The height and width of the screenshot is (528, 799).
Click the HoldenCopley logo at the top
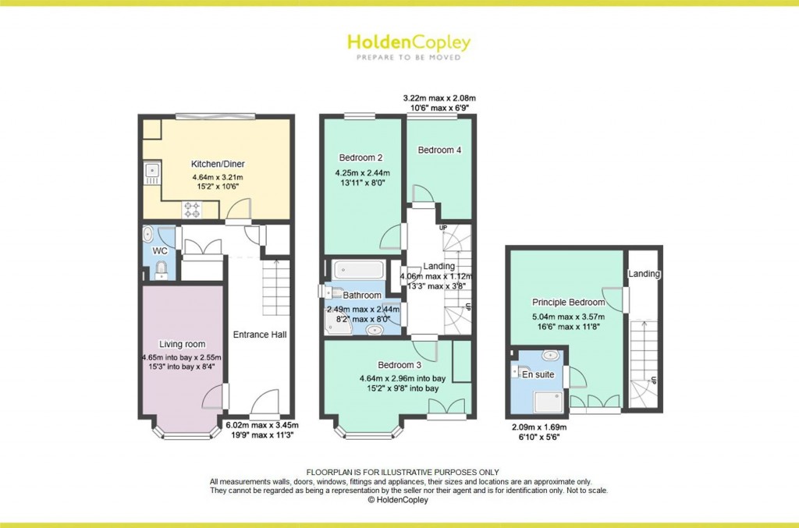pyautogui.click(x=409, y=47)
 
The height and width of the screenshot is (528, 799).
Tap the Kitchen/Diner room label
pyautogui.click(x=218, y=164)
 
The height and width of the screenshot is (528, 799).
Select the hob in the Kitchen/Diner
pyautogui.click(x=192, y=210)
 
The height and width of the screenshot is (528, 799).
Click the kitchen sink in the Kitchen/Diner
pyautogui.click(x=152, y=173)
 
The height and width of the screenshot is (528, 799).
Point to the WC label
pyautogui.click(x=160, y=251)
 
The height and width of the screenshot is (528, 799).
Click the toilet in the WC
pyautogui.click(x=161, y=269)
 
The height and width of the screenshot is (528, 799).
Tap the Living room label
pyautogui.click(x=182, y=344)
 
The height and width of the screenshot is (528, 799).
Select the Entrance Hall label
pyautogui.click(x=260, y=335)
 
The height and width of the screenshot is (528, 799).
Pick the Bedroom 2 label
pyautogui.click(x=360, y=158)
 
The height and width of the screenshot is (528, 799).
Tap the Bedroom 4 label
pyautogui.click(x=439, y=151)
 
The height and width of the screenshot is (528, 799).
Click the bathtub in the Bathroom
pyautogui.click(x=358, y=270)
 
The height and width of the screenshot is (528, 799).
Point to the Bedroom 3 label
pyautogui.click(x=399, y=365)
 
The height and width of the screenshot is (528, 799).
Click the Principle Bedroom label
pyautogui.click(x=568, y=302)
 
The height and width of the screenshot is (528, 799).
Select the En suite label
pyautogui.click(x=538, y=374)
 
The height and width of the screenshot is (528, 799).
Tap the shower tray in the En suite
pyautogui.click(x=549, y=402)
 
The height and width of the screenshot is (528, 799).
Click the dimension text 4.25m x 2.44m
pyautogui.click(x=362, y=173)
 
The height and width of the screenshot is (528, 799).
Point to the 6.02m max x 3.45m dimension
pyautogui.click(x=262, y=425)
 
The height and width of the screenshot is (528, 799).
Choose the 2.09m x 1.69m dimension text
pyautogui.click(x=539, y=427)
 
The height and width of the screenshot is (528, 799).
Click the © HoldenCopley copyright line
pyautogui.click(x=398, y=500)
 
